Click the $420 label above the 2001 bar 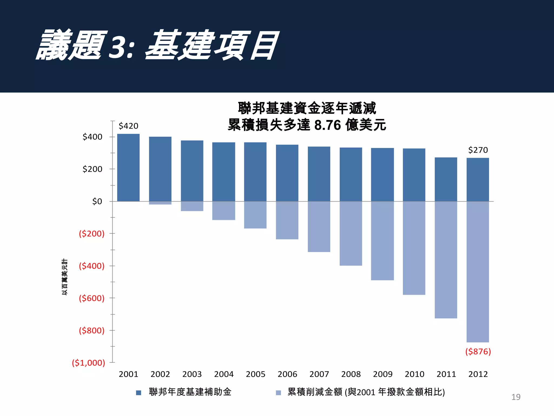point(128,126)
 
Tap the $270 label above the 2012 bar point(478,150)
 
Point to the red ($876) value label point(478,352)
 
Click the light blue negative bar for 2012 point(478,272)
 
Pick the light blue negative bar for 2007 point(319,227)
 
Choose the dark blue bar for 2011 point(446,179)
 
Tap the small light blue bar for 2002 point(160,203)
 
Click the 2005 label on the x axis point(255,374)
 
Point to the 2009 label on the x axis point(382,374)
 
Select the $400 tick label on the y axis point(93,137)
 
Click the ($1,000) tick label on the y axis point(88,363)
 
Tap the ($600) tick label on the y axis point(91,298)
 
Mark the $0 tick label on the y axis point(97,201)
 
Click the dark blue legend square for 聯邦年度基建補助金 point(138,393)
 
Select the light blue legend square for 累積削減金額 point(278,393)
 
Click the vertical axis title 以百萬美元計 point(65,277)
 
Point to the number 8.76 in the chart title point(328,125)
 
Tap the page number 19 point(516,397)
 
